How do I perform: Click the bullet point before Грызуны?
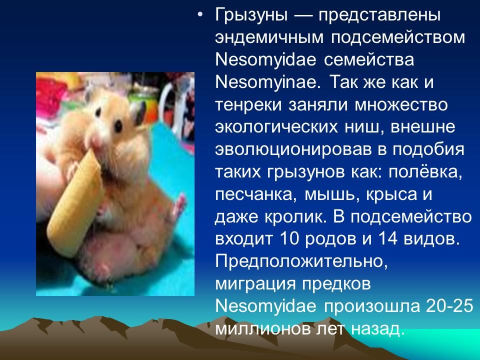click(x=200, y=15)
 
